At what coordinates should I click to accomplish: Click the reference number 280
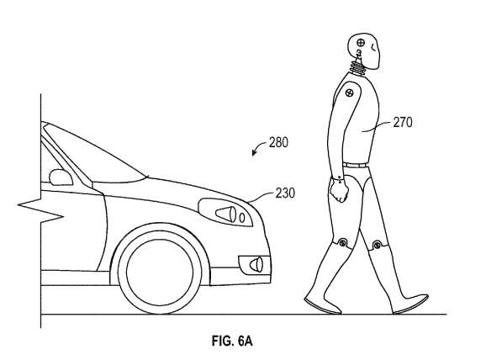tap(278, 143)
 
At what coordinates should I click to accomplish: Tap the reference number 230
tap(286, 193)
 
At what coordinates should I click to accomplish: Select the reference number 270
tap(403, 123)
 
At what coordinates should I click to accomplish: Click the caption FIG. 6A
tap(232, 341)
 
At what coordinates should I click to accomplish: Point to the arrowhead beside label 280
tap(254, 152)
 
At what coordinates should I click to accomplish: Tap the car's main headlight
tap(225, 213)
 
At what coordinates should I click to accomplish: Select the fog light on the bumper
tap(255, 265)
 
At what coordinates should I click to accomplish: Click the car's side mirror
tap(61, 177)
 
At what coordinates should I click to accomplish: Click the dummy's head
tap(363, 50)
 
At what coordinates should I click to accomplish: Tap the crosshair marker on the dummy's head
tap(361, 43)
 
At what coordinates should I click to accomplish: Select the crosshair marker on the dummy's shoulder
tap(349, 92)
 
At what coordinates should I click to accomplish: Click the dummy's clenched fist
tap(339, 192)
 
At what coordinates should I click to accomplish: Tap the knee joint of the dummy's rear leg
tap(342, 242)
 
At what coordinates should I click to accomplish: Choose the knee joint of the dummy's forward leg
tap(377, 246)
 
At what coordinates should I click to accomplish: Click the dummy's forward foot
tap(410, 304)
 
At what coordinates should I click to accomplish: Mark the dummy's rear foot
tap(322, 305)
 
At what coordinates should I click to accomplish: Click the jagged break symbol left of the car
tap(41, 209)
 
